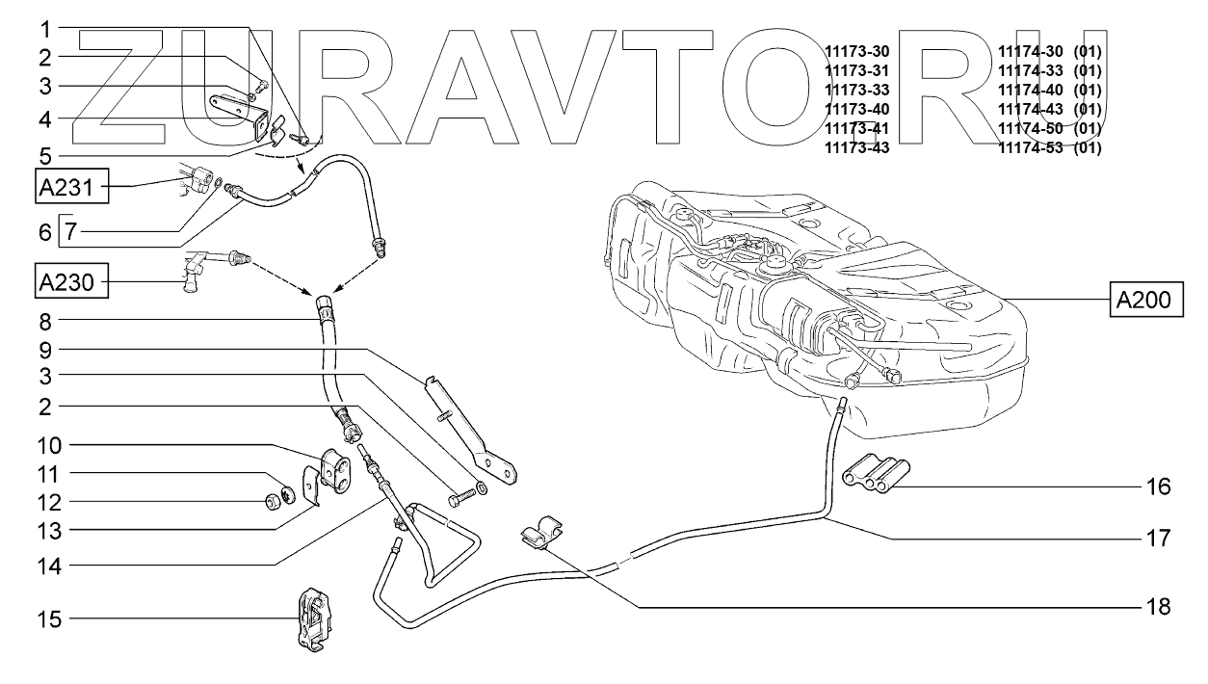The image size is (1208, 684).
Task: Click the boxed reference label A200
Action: tap(1143, 301)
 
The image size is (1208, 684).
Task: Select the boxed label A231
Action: tap(70, 187)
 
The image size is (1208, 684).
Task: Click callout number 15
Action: tap(49, 618)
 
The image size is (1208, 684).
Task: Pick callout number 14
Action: tap(49, 566)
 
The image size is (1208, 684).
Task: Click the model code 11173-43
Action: tap(857, 148)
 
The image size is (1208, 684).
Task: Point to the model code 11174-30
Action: tap(1030, 49)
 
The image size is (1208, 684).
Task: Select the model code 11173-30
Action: tap(857, 49)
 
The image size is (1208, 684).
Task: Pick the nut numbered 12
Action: tap(274, 502)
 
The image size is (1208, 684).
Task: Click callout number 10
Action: tap(49, 446)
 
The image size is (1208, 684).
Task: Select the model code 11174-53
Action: tap(1030, 148)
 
